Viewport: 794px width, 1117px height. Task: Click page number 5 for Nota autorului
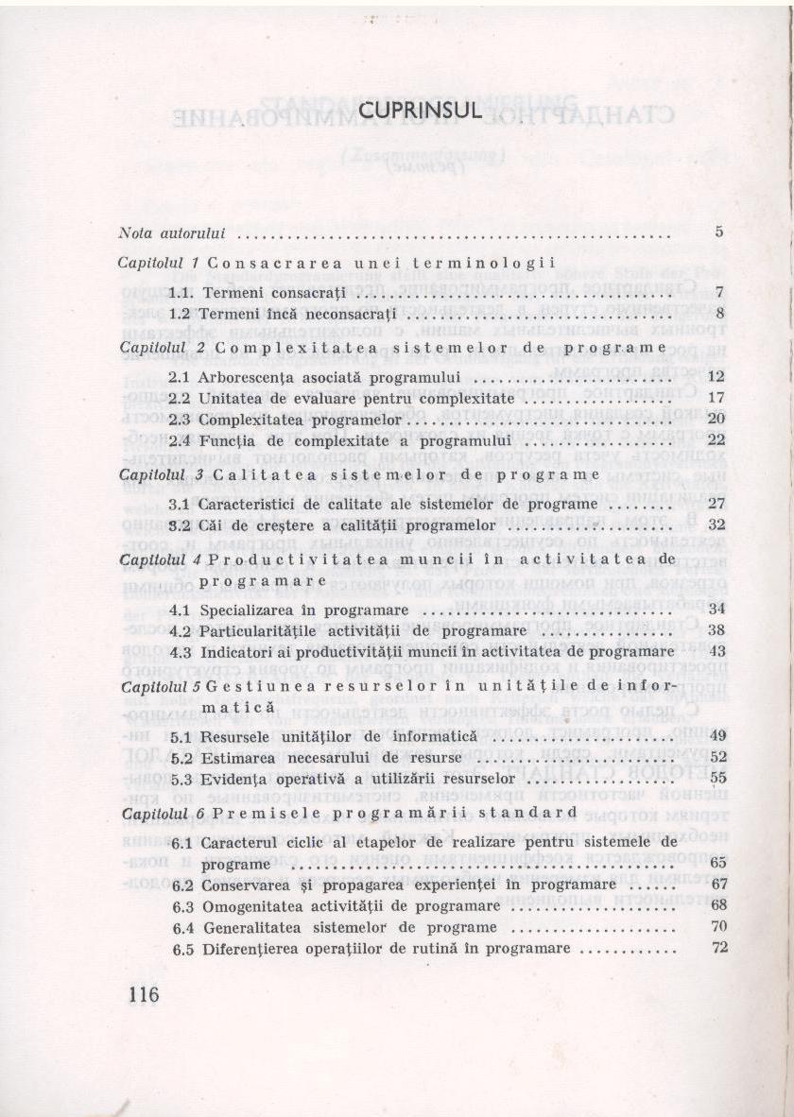[x=719, y=232]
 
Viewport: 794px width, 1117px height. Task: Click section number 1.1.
[x=181, y=293]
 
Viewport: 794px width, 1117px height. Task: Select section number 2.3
[x=182, y=419]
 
